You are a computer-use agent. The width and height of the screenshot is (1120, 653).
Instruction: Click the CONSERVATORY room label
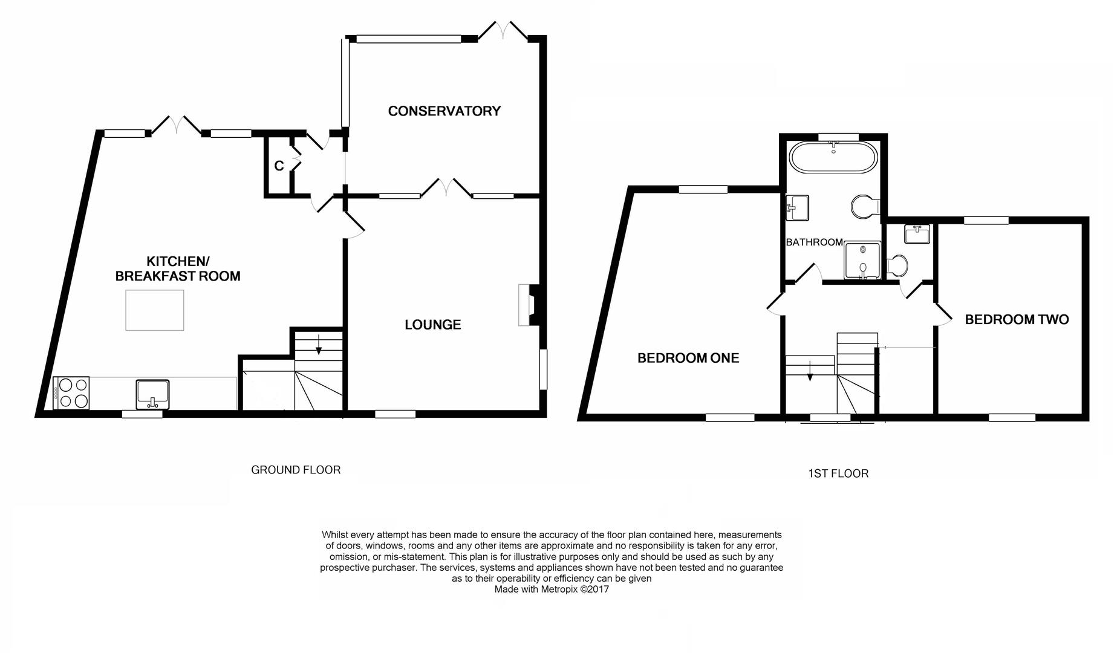coord(444,111)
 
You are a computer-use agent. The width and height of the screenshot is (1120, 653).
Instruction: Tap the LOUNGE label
coord(432,325)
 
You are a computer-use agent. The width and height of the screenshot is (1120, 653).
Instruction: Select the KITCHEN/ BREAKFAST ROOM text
coord(178,269)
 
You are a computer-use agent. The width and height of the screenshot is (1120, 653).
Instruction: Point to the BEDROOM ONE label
coord(688,358)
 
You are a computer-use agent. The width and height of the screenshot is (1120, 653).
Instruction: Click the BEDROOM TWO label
coord(1017,320)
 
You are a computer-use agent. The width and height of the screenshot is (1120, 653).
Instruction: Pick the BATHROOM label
coord(814,242)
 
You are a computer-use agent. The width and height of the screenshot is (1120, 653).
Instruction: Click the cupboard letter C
coord(279,166)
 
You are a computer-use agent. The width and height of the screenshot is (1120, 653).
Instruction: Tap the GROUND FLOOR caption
coord(296,470)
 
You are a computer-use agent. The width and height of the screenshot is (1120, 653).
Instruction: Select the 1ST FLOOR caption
coord(838,473)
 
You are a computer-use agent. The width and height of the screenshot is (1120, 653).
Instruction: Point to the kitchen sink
coord(152,392)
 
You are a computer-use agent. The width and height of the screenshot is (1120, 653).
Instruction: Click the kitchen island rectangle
coord(155,310)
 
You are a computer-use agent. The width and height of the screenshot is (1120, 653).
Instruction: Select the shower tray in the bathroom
coord(862,261)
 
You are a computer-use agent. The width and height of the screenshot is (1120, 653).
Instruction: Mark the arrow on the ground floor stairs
coord(319,346)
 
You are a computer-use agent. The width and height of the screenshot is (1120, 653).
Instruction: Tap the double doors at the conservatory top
coord(503,31)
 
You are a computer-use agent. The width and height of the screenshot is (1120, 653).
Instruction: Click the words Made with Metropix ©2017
coord(552,590)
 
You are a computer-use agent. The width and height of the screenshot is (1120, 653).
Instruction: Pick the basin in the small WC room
coord(917,234)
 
